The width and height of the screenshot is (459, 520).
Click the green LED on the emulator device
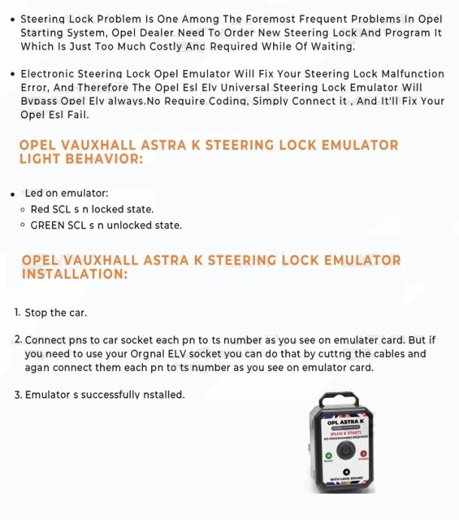328,455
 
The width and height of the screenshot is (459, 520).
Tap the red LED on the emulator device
363,455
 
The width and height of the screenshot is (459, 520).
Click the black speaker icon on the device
346,473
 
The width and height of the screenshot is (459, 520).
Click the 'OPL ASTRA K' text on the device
345,424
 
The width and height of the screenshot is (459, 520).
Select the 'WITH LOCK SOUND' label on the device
346,480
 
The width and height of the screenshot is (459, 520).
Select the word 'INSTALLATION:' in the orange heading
74,274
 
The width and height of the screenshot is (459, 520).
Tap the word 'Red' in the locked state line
40,210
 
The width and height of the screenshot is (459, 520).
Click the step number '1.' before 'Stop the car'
18,312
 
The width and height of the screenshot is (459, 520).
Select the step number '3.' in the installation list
18,394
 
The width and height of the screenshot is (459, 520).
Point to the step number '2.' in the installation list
18,340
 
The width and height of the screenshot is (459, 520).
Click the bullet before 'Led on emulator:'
13,194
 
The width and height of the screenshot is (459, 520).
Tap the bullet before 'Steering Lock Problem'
13,19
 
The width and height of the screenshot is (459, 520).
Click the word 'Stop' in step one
36,313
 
